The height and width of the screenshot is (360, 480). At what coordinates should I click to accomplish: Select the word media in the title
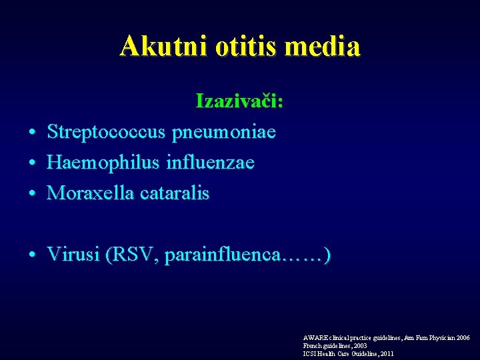(327, 46)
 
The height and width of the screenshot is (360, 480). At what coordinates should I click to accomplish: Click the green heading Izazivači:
(239, 101)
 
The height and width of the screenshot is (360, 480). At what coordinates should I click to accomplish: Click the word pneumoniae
(224, 132)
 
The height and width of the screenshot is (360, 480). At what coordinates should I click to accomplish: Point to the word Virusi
(73, 255)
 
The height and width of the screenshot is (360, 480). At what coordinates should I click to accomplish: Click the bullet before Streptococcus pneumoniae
(32, 133)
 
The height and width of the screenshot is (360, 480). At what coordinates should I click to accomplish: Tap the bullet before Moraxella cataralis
(32, 194)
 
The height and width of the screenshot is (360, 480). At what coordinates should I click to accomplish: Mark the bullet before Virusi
(32, 255)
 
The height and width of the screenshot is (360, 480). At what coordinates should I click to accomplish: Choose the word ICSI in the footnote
(310, 354)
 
